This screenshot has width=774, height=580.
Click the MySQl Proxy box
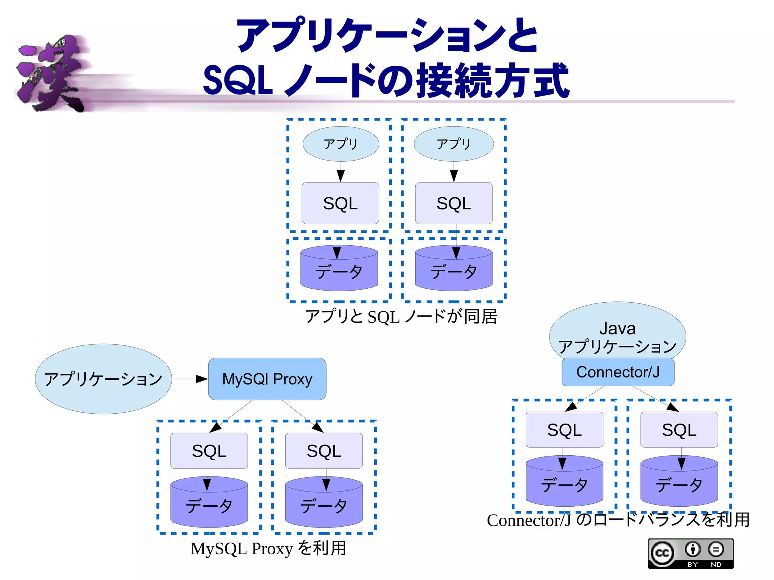pos(267,379)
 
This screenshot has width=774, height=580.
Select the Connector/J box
pos(618,372)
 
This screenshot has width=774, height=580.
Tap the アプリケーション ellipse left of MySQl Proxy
pos(103,379)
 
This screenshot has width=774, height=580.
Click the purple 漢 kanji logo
pos(51,74)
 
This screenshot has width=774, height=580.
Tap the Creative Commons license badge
pos(690,554)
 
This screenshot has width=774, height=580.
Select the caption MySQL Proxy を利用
pos(268,548)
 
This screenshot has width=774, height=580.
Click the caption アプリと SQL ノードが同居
pos(401,317)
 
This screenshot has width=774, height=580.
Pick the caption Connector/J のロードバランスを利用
pos(618,520)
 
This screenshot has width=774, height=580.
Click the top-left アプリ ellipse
pos(341,144)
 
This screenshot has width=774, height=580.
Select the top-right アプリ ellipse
pos(454,144)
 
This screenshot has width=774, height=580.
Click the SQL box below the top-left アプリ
pos(340,203)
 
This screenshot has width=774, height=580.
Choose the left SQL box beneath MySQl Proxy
pos(209,451)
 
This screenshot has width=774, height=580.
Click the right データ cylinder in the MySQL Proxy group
pos(324,506)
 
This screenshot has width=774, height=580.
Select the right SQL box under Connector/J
pos(679,430)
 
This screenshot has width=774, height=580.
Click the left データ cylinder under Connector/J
pos(564,484)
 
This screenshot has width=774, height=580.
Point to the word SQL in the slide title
pos(238,80)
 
